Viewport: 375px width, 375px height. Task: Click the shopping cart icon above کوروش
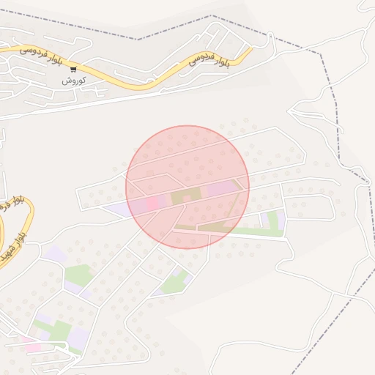coord(73,69)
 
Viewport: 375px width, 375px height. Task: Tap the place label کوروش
coord(74,80)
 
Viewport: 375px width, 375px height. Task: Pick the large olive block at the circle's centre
coord(186,196)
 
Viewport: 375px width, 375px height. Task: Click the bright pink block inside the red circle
coord(152,202)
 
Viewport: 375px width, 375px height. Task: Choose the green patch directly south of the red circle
coord(174,281)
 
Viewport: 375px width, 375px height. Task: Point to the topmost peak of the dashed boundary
coord(212,15)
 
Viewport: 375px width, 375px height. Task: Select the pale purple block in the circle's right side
coord(221,189)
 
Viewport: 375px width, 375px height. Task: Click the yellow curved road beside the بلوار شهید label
coord(28,220)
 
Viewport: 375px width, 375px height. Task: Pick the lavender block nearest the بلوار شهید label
coord(54,255)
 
